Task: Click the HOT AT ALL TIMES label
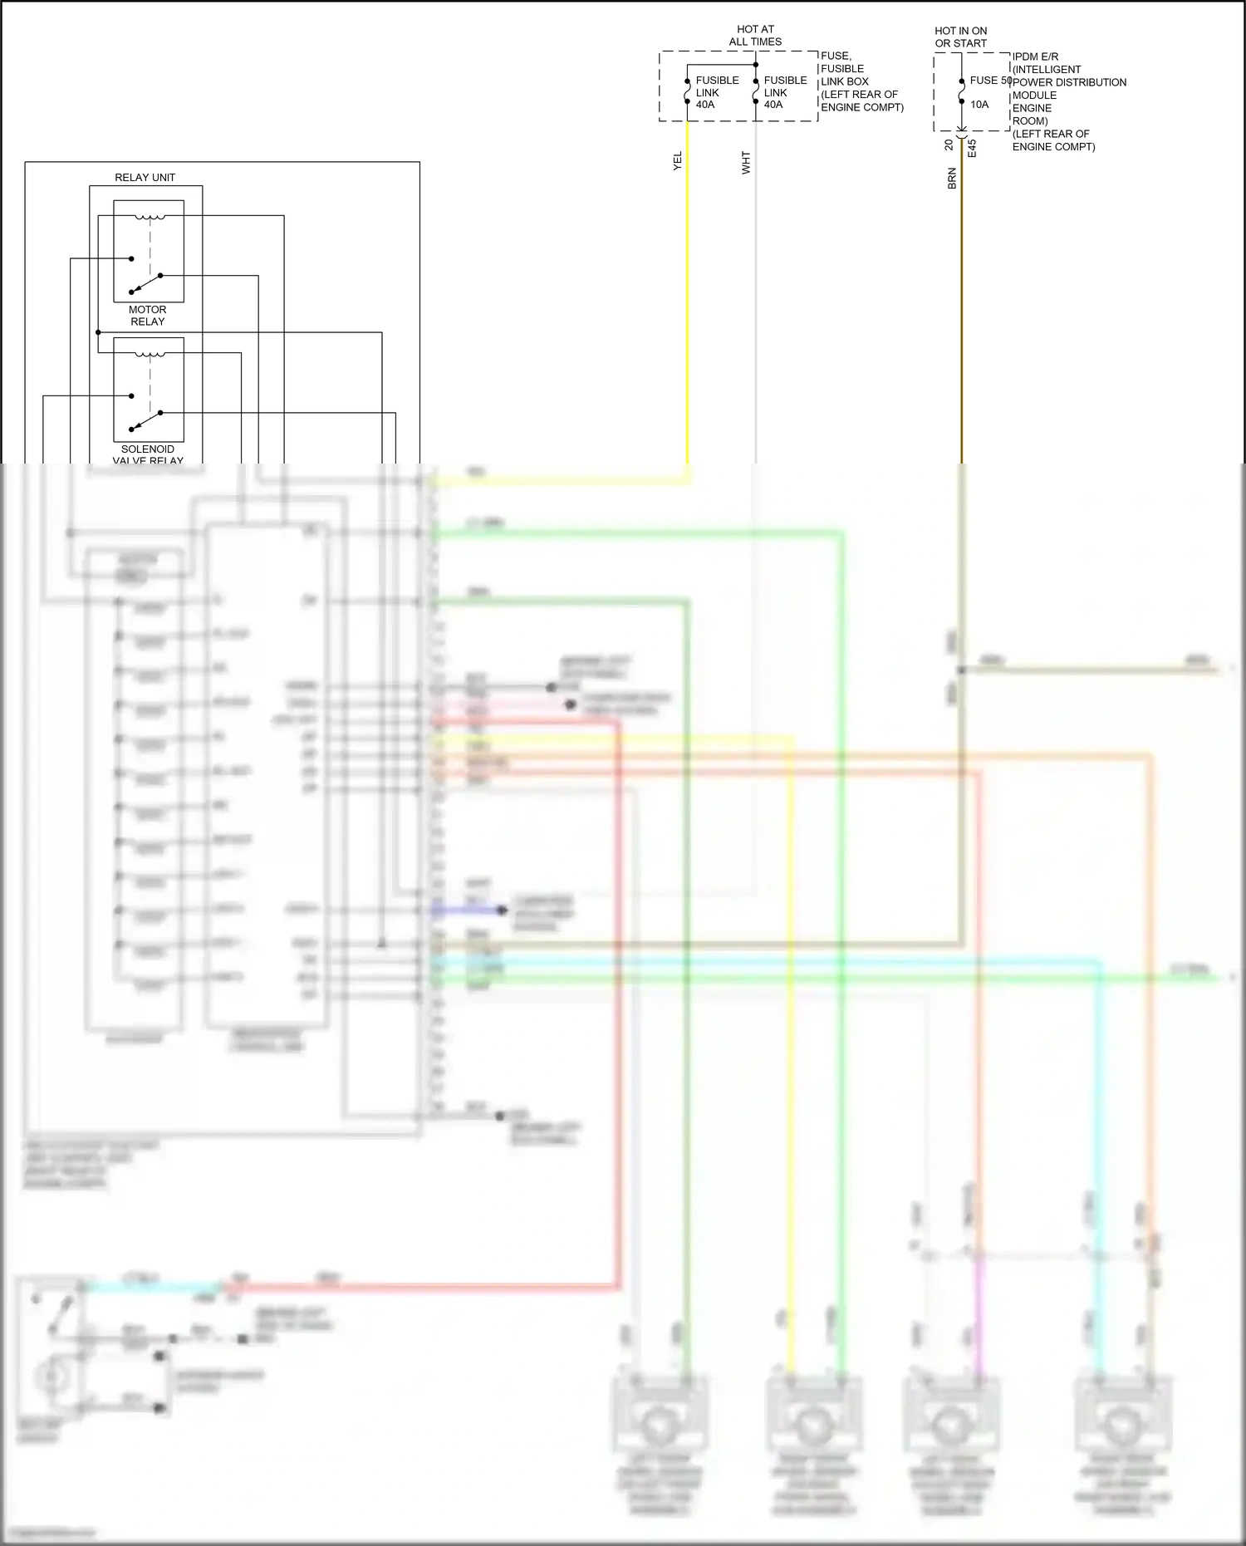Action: coord(755,35)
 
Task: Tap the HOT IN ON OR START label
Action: coord(961,37)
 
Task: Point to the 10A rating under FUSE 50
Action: coord(979,105)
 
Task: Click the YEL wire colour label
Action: coord(677,161)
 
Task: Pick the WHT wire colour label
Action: coord(746,162)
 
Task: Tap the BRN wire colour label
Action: coord(952,178)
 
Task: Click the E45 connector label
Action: coord(972,148)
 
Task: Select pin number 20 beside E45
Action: coord(949,145)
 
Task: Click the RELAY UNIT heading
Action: coord(145,177)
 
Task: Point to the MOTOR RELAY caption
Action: coord(147,315)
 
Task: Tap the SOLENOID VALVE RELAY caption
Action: coord(148,454)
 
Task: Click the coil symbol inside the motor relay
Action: coord(150,218)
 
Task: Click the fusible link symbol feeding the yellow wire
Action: coord(688,91)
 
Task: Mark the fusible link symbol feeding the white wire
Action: coord(756,91)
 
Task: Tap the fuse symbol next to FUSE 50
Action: coord(962,91)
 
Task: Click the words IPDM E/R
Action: coord(1035,56)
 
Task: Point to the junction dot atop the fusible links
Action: coord(756,65)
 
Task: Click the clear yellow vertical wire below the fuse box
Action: coord(688,291)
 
